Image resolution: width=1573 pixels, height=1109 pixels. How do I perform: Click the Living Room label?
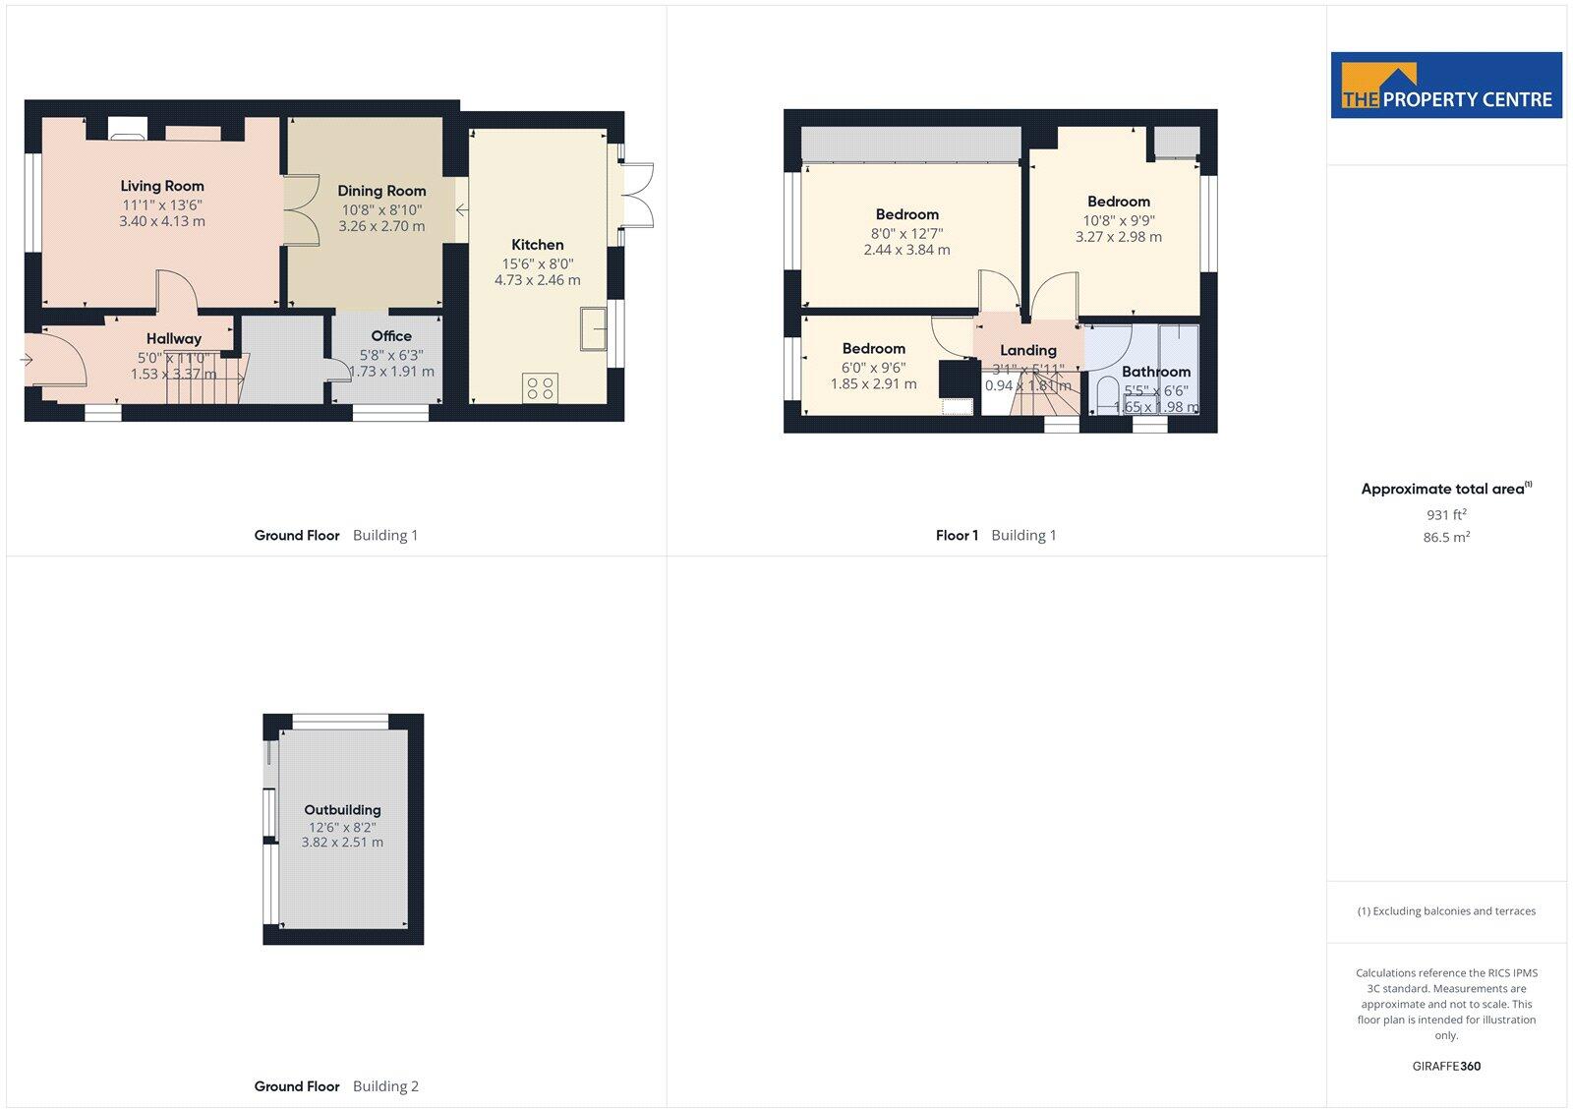[162, 186]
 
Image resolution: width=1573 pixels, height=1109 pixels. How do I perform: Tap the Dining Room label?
[381, 191]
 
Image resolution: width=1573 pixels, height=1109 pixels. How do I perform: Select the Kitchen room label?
[538, 245]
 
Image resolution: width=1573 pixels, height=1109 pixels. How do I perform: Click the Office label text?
[391, 336]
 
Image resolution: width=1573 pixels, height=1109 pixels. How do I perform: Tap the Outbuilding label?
[342, 810]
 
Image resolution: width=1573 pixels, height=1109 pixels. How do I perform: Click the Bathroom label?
[1156, 372]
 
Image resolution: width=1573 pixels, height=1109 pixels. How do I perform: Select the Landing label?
[1028, 350]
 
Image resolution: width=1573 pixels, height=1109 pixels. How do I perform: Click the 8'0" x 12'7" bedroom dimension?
[906, 233]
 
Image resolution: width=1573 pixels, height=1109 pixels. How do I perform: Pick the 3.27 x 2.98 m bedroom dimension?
[1119, 237]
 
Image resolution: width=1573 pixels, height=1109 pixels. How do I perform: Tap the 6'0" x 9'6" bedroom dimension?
[873, 368]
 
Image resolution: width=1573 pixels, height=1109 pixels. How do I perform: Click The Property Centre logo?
[1446, 86]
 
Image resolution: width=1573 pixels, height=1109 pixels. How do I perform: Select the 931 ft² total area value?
[1446, 514]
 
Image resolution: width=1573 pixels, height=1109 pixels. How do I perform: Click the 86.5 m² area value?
[1446, 537]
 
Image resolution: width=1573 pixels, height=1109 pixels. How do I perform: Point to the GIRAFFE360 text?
[1446, 1066]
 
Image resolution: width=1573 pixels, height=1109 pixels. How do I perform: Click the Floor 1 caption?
[957, 535]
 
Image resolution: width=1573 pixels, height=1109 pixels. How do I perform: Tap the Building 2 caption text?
[385, 1086]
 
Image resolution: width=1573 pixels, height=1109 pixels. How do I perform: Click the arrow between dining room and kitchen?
[461, 209]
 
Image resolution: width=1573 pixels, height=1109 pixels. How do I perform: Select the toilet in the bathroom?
[1107, 393]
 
